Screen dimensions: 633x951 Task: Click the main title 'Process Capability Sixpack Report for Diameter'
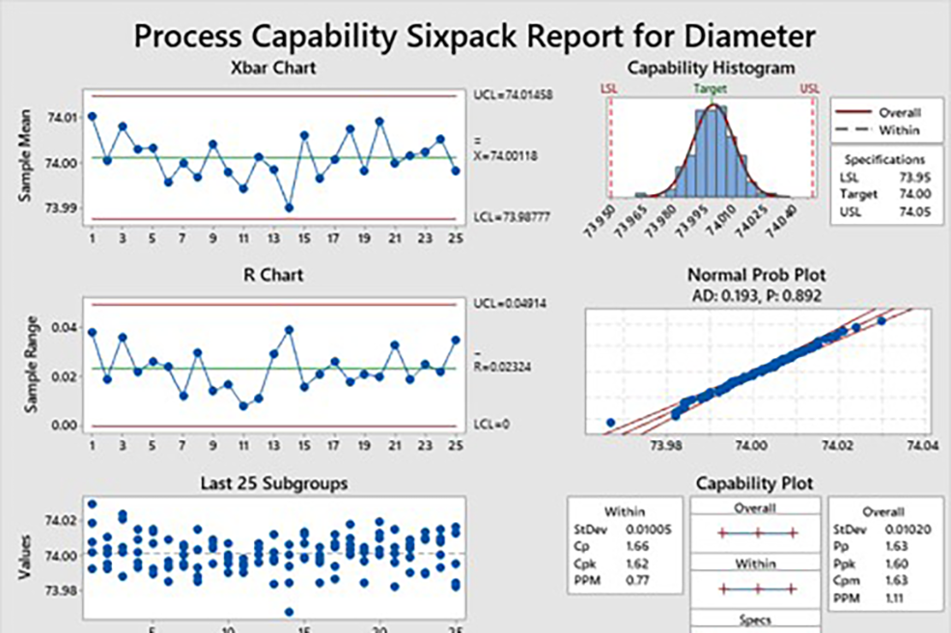pyautogui.click(x=475, y=36)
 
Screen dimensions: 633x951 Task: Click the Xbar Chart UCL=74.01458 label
pyautogui.click(x=513, y=96)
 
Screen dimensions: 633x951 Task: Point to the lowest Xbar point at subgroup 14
pyautogui.click(x=289, y=207)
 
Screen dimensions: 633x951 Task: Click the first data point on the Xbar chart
pyautogui.click(x=92, y=116)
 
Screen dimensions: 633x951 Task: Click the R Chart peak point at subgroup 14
pyautogui.click(x=289, y=330)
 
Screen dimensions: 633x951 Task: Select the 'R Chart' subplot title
pyautogui.click(x=273, y=276)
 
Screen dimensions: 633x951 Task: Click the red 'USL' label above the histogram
pyautogui.click(x=809, y=88)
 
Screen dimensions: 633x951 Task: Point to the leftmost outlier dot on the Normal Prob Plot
pyautogui.click(x=610, y=422)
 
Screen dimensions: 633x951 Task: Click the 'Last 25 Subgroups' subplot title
pyautogui.click(x=273, y=483)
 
